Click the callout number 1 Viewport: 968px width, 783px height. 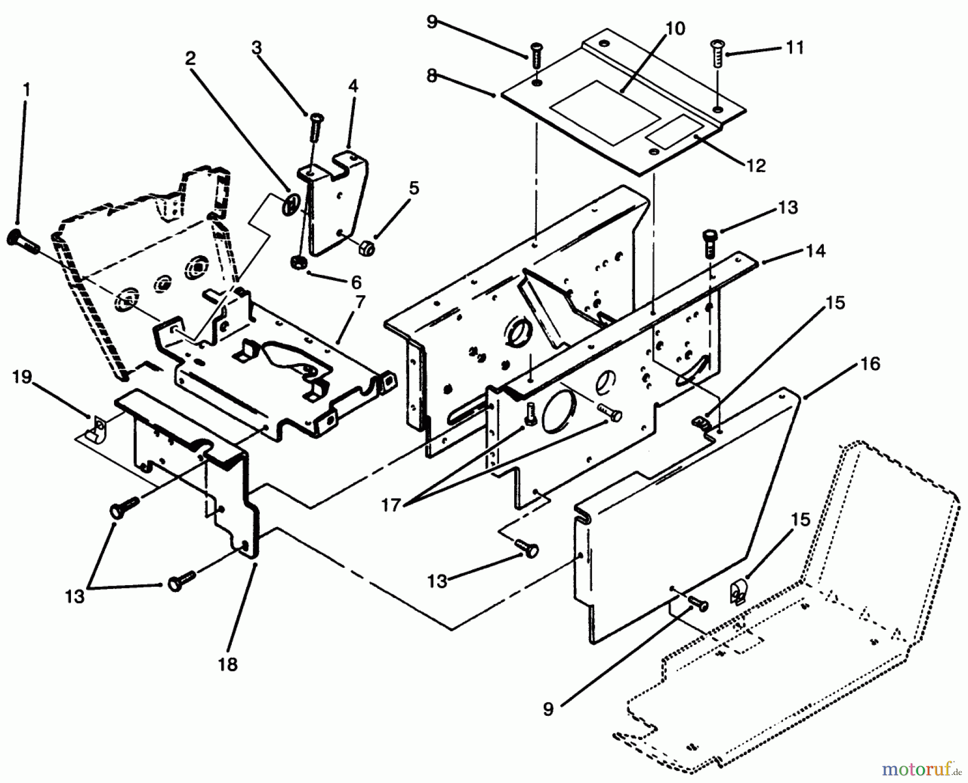26,90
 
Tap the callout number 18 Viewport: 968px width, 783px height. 227,665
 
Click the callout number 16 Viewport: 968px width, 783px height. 870,364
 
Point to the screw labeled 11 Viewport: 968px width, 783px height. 717,54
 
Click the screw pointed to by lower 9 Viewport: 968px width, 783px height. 697,604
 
